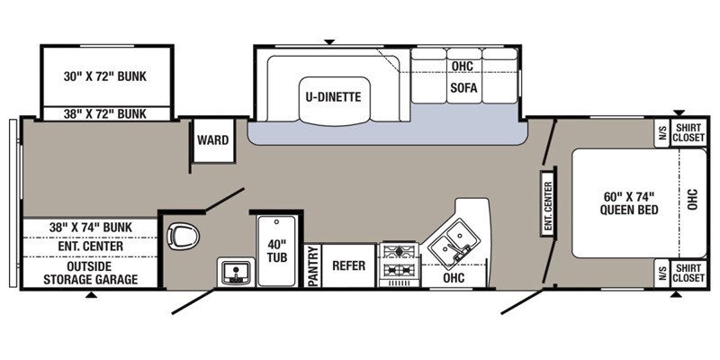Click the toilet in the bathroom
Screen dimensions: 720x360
click(183, 237)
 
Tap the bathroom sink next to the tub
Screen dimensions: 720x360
click(236, 272)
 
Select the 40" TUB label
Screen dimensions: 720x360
click(277, 251)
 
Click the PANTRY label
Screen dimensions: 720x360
click(312, 265)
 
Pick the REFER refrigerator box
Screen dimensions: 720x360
click(348, 265)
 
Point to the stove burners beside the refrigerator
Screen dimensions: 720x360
click(399, 265)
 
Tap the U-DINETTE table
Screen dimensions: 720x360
click(333, 100)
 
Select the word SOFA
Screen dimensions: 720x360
click(463, 87)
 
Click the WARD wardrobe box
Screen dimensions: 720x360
click(213, 140)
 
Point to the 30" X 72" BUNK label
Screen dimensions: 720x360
click(105, 76)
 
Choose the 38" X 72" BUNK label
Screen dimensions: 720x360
click(105, 113)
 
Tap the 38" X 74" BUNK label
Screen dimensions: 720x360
click(91, 227)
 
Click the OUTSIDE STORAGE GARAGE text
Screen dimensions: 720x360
click(91, 273)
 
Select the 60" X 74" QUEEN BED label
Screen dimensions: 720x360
click(628, 203)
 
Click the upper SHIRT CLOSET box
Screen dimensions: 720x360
click(688, 132)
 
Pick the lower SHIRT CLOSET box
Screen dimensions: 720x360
click(688, 274)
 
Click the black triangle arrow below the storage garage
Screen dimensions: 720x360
click(92, 295)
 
